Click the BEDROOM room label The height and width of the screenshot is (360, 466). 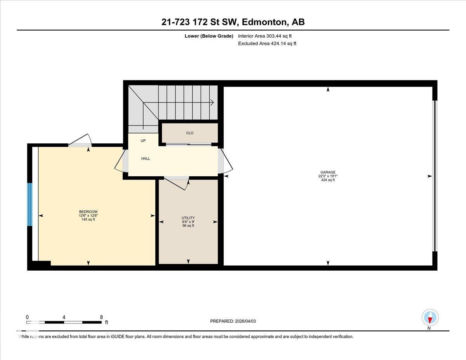click(88, 212)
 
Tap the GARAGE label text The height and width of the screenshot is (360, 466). click(328, 172)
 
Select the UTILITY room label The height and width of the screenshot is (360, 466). click(188, 218)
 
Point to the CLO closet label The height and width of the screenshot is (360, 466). click(190, 133)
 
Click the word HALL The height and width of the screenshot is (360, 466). click(146, 159)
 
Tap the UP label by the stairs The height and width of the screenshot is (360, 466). click(143, 141)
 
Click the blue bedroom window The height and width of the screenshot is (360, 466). click(30, 204)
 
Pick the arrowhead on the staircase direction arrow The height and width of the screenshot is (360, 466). click(212, 103)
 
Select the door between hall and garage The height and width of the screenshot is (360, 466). click(225, 161)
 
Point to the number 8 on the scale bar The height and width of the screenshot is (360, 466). click(101, 317)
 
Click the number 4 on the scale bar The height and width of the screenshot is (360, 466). click(64, 317)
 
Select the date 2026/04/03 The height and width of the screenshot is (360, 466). click(245, 321)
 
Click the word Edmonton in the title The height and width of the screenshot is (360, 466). click(264, 22)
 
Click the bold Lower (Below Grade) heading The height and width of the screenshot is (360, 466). click(209, 36)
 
